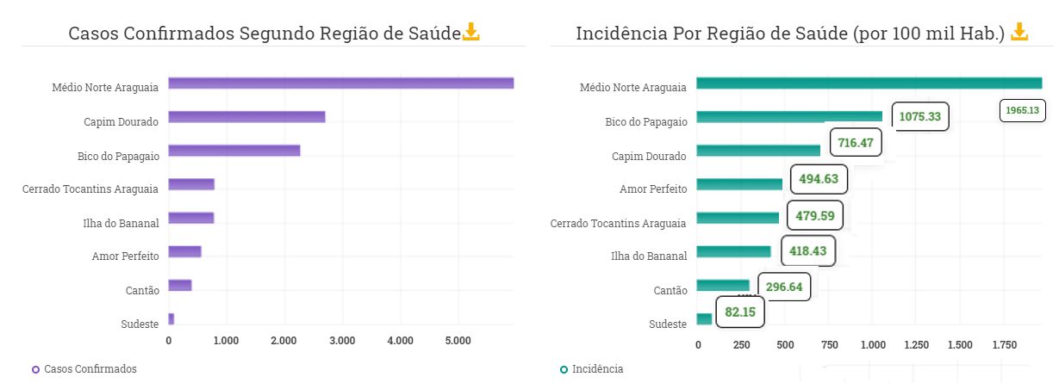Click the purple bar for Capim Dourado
coord(246,117)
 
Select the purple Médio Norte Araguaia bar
coord(340,83)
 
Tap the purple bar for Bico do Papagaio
coord(234,151)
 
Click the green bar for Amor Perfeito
coord(739,184)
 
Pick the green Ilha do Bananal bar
coord(733,251)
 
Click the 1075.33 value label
coord(919,116)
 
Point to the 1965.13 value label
coord(1024,110)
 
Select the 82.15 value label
coord(740,312)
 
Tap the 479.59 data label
coord(814,215)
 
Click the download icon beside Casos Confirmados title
coord(471,33)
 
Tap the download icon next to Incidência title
coord(1019,33)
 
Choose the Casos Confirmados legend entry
coord(84,369)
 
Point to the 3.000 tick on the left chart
coord(342,341)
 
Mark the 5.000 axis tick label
coord(458,341)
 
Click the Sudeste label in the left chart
coord(140,324)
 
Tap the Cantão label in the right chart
coord(670,291)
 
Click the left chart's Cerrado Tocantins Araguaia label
coord(90,188)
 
